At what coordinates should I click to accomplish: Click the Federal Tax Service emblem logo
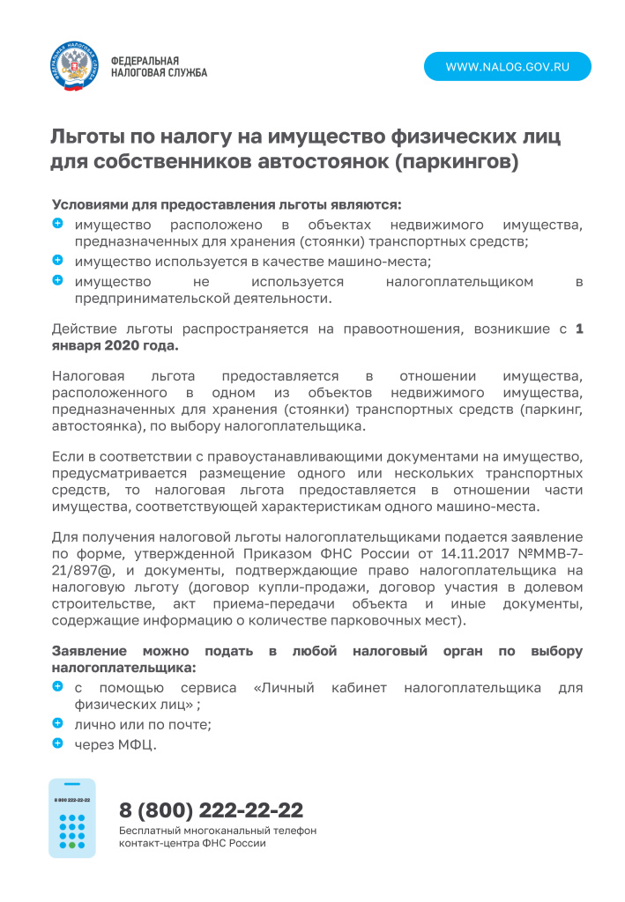click(74, 66)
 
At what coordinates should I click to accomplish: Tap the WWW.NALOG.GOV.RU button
click(507, 67)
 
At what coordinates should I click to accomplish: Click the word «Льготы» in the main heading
click(85, 137)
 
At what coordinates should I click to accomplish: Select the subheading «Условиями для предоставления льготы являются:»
click(227, 204)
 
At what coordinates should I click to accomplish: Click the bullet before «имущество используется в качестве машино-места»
click(58, 261)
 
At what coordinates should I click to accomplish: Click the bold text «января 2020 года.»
click(115, 346)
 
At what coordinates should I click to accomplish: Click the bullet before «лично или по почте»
click(58, 724)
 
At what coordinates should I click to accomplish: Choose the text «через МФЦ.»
click(115, 745)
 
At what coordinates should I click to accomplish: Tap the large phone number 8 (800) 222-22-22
click(212, 810)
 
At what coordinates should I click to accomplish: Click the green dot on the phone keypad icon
click(72, 845)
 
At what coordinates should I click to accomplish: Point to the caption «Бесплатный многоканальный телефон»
click(218, 831)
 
